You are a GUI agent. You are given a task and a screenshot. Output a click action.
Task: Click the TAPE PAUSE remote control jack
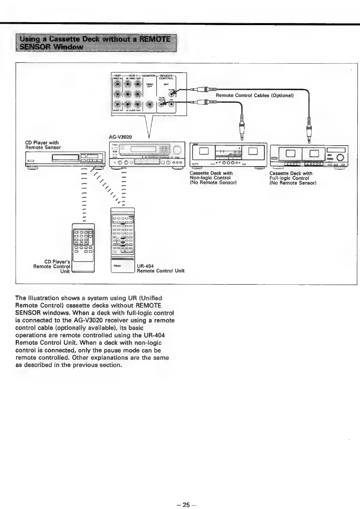tap(163, 104)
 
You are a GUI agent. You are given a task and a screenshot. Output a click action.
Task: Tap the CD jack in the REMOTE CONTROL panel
tap(172, 104)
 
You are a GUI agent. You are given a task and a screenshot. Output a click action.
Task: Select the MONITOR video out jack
tap(150, 104)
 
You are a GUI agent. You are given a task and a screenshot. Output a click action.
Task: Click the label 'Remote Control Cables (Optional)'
tap(255, 95)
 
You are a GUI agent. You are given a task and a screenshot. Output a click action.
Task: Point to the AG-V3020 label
tap(120, 137)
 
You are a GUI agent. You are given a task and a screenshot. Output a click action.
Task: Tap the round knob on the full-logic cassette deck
tap(340, 158)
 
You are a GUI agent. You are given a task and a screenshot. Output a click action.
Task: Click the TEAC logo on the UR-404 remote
tap(117, 266)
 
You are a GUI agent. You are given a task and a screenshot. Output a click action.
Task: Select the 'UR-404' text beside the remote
tap(145, 266)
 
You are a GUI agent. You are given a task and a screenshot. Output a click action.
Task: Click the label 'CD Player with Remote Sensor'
tap(43, 145)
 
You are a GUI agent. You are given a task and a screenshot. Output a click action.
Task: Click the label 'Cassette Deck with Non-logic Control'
tap(211, 175)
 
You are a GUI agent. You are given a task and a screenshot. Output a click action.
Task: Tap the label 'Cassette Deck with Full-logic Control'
tap(291, 176)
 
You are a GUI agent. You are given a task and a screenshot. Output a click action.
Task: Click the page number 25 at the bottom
tap(186, 505)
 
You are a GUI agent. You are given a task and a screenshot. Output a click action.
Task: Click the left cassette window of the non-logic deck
tap(204, 151)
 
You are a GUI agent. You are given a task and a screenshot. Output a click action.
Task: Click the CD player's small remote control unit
tap(84, 248)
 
